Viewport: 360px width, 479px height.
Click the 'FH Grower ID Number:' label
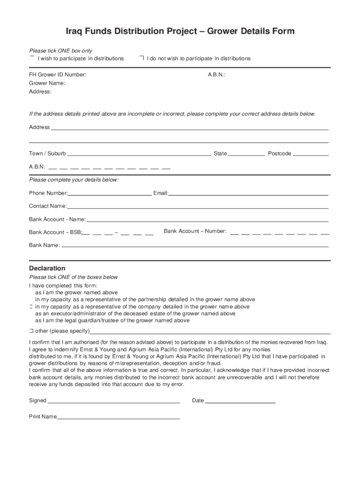[x=58, y=75]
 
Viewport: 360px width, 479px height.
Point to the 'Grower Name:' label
[x=47, y=83]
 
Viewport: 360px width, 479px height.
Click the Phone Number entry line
[x=110, y=193]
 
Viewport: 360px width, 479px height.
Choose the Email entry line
[x=248, y=193]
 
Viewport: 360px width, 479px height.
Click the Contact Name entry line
[x=197, y=206]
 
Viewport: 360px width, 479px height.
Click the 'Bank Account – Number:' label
[x=195, y=231]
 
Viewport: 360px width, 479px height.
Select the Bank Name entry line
[x=195, y=245]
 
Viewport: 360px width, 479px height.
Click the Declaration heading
[x=47, y=269]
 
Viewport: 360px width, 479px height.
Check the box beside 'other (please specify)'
[x=31, y=331]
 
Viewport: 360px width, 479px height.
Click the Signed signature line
[x=114, y=401]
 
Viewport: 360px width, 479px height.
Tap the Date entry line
[x=240, y=401]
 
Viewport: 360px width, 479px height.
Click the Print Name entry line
[x=118, y=417]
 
